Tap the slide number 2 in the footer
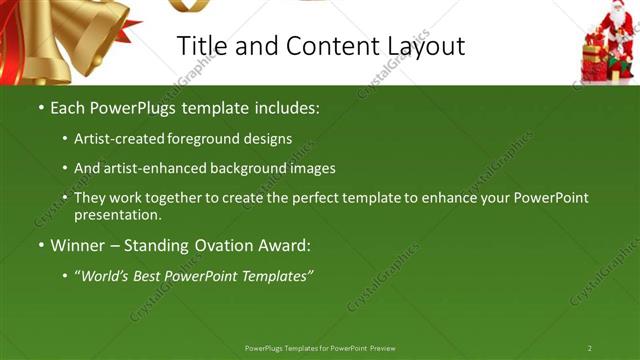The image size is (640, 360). click(590, 348)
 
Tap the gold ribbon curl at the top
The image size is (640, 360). click(187, 5)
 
